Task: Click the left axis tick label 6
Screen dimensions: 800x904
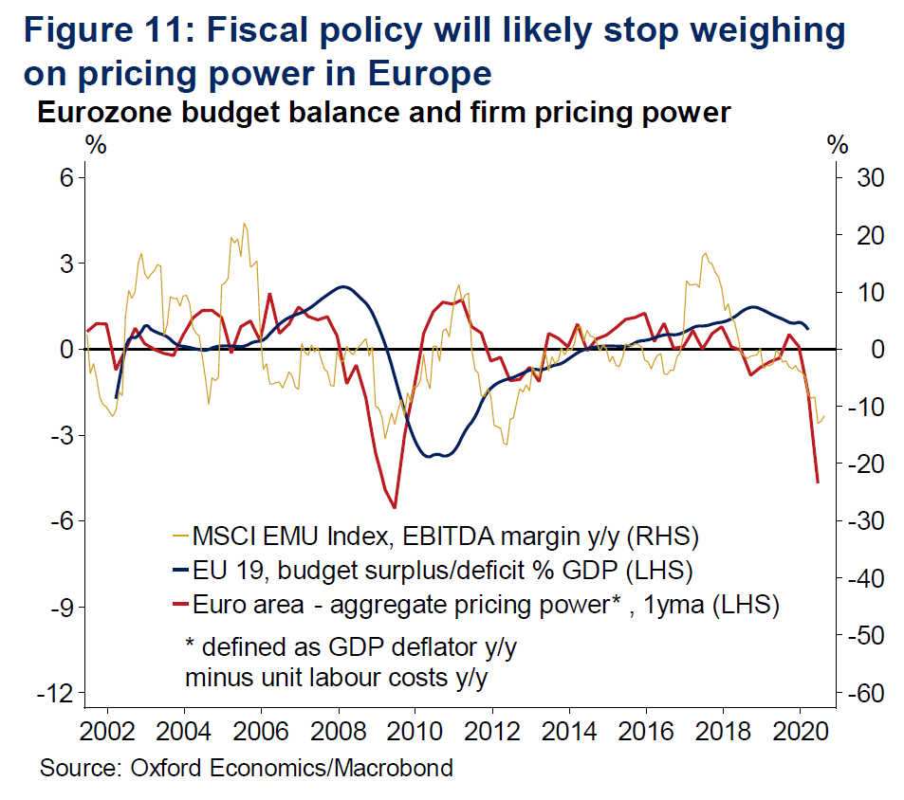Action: coord(66,177)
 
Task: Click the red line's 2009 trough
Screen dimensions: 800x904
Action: coord(394,507)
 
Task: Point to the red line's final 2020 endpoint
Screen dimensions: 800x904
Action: coord(817,482)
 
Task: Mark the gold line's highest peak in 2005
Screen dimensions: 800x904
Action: coord(244,225)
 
